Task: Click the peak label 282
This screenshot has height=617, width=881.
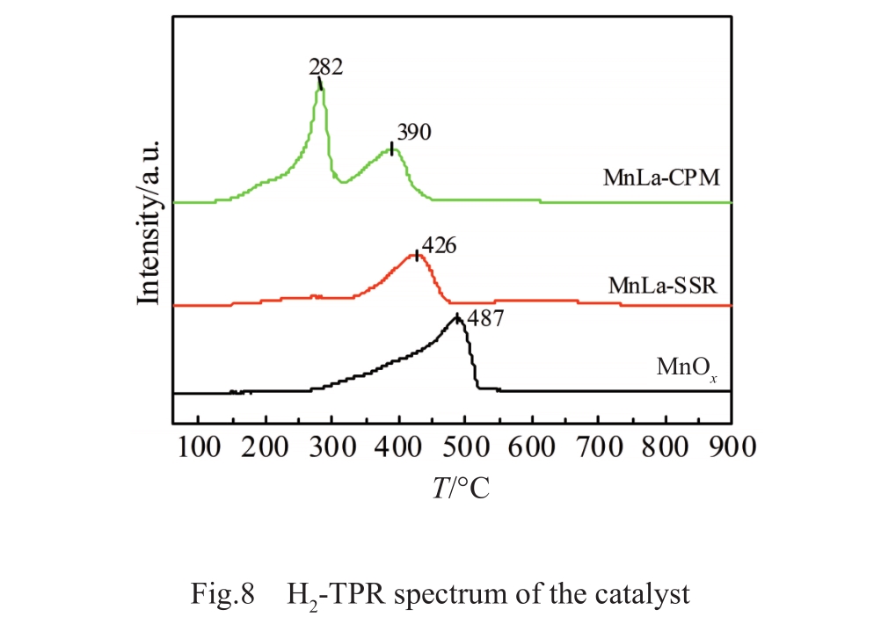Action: [324, 67]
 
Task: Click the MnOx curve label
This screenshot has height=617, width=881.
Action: [691, 367]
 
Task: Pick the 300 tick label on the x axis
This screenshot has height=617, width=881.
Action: [331, 446]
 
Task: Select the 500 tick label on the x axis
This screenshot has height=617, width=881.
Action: [465, 446]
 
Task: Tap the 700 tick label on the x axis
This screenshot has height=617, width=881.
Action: [599, 446]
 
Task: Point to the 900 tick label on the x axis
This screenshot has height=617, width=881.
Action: [732, 446]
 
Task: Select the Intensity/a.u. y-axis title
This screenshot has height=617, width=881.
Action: [149, 220]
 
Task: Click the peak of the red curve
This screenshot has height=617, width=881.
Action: [416, 254]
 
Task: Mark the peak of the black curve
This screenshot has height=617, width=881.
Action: [457, 317]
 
